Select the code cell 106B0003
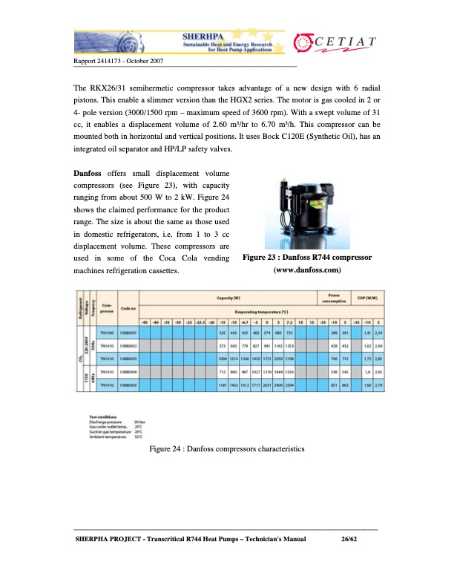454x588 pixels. point(127,359)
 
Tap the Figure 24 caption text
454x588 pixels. point(226,450)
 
